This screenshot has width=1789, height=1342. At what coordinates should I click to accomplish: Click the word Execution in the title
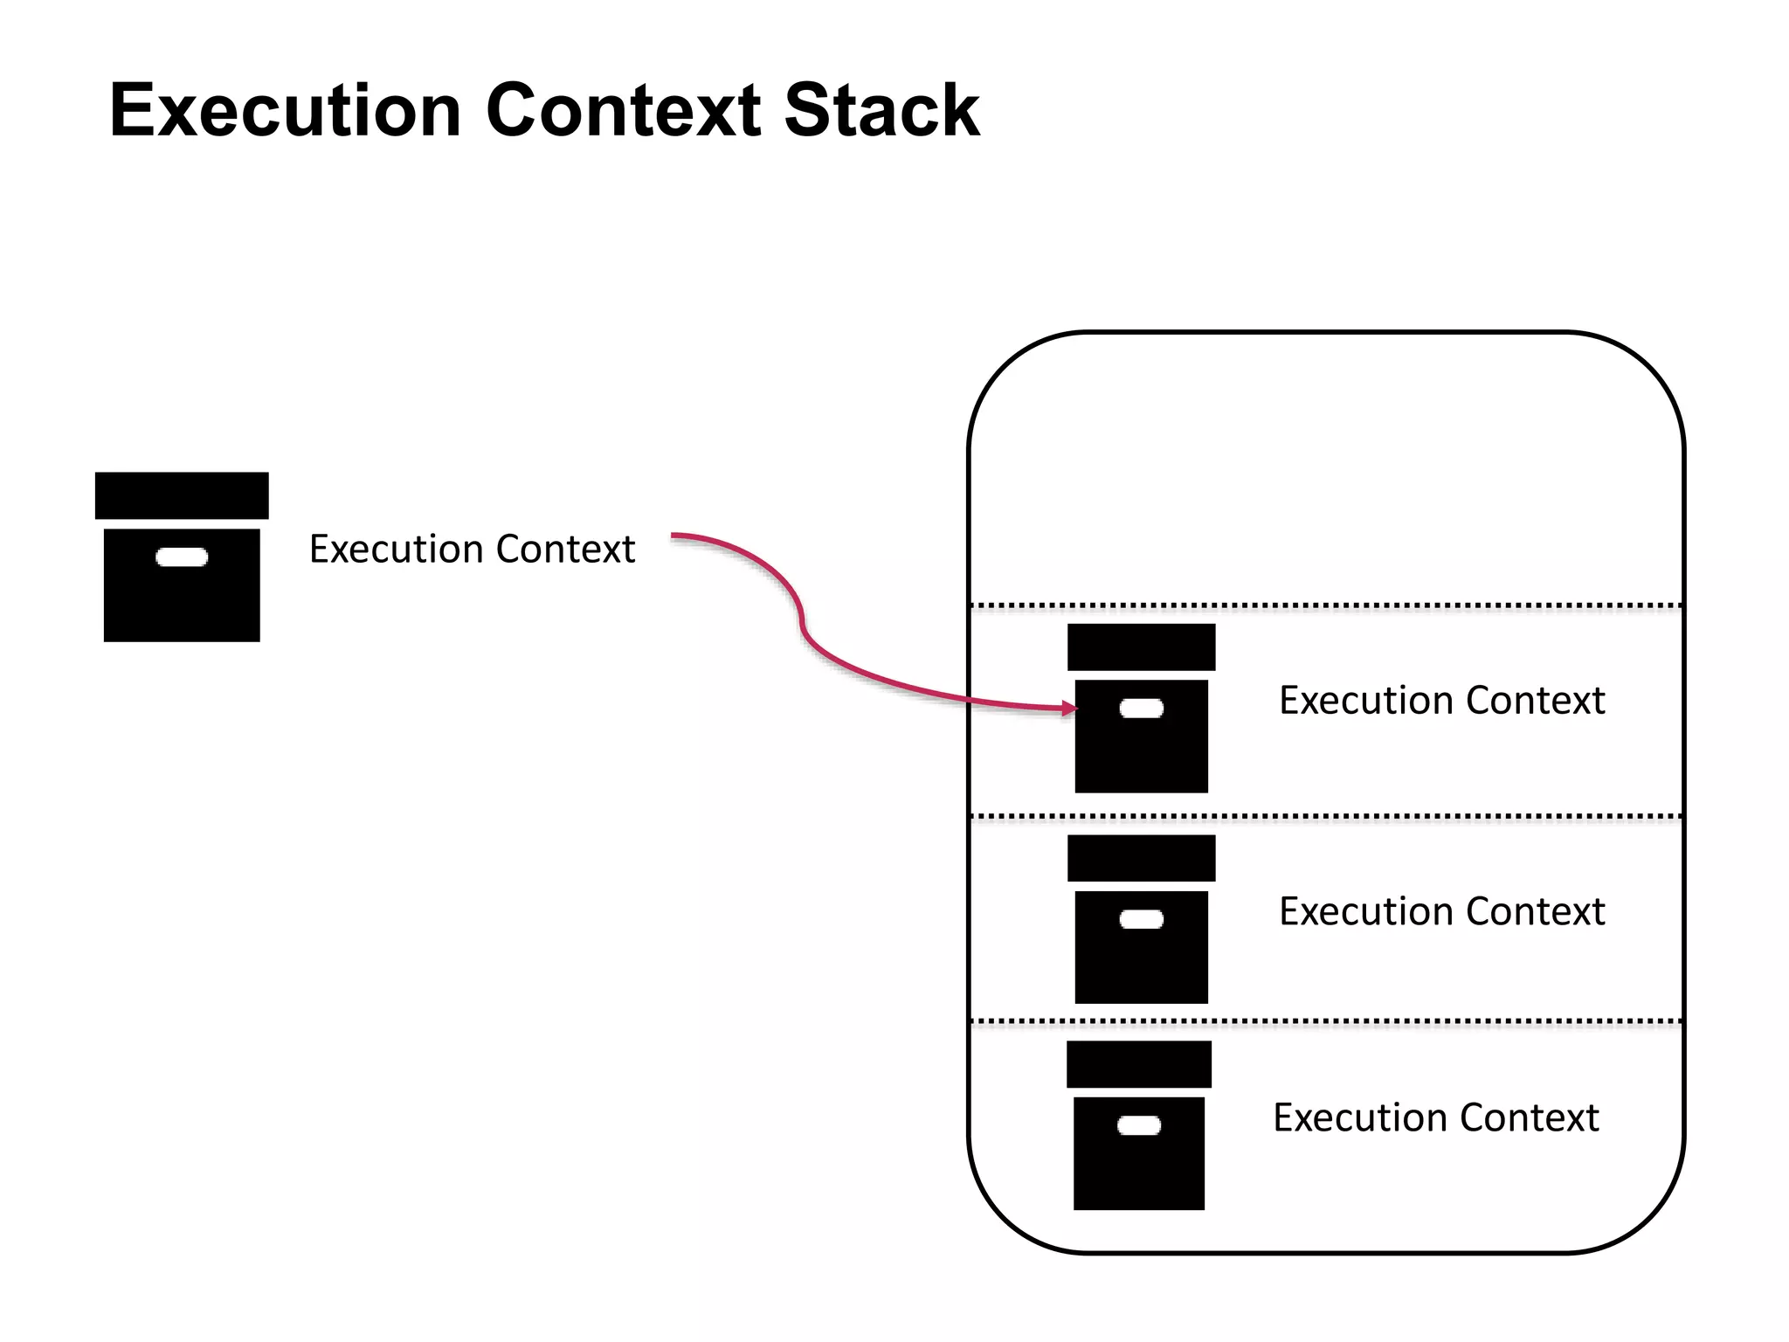pyautogui.click(x=285, y=110)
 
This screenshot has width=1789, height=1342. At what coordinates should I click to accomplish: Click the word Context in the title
pyautogui.click(x=622, y=110)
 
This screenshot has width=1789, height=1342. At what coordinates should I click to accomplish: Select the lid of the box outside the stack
pyautogui.click(x=182, y=495)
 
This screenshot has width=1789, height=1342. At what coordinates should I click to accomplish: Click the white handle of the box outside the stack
pyautogui.click(x=182, y=557)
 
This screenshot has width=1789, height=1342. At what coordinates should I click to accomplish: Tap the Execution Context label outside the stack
pyautogui.click(x=472, y=550)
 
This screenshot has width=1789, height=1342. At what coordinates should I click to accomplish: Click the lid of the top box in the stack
pyautogui.click(x=1141, y=647)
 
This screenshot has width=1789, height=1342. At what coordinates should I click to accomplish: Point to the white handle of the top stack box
pyautogui.click(x=1141, y=708)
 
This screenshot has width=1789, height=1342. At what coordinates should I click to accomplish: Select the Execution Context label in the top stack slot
pyautogui.click(x=1441, y=701)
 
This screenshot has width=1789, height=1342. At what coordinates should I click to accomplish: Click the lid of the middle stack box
pyautogui.click(x=1141, y=858)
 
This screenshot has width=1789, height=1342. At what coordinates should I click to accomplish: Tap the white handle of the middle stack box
pyautogui.click(x=1141, y=919)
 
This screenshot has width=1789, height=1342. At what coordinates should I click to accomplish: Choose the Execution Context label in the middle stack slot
pyautogui.click(x=1441, y=912)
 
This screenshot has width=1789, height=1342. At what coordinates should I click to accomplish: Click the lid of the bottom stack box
pyautogui.click(x=1138, y=1064)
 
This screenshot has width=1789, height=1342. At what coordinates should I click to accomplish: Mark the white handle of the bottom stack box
pyautogui.click(x=1138, y=1125)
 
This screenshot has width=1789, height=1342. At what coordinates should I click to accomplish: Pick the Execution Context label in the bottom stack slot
pyautogui.click(x=1435, y=1118)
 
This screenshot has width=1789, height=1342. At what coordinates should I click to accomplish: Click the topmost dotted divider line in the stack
pyautogui.click(x=1326, y=605)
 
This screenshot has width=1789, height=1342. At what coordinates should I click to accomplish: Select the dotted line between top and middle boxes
pyautogui.click(x=1326, y=816)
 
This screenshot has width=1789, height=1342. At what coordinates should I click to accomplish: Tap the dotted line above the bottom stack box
pyautogui.click(x=1326, y=1020)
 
